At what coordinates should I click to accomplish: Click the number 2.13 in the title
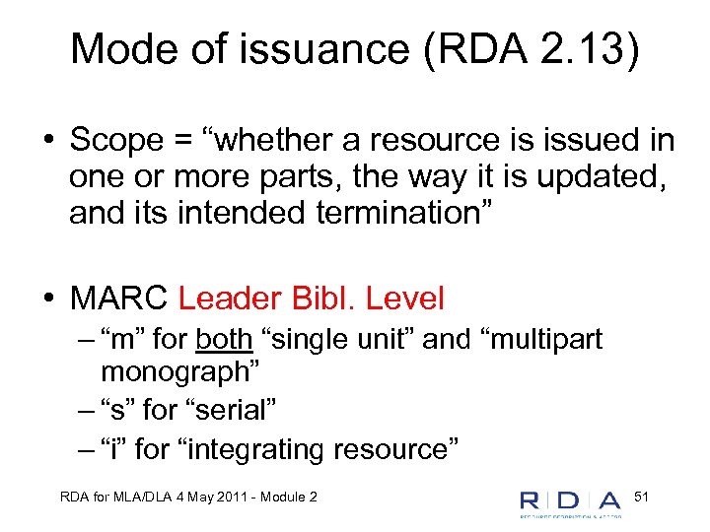pyautogui.click(x=573, y=48)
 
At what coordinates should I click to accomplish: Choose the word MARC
pyautogui.click(x=117, y=298)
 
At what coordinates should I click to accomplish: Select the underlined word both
pyautogui.click(x=225, y=340)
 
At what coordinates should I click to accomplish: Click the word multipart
pyautogui.click(x=547, y=340)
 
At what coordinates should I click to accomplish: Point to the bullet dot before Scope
pyautogui.click(x=48, y=142)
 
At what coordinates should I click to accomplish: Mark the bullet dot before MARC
pyautogui.click(x=48, y=299)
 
